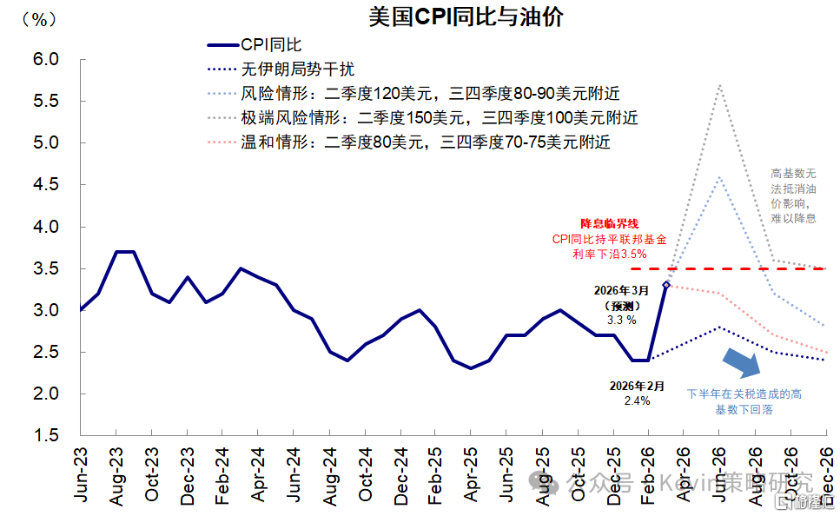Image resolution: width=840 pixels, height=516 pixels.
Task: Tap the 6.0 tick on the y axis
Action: (44, 60)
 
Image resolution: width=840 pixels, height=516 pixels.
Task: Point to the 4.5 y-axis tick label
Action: (44, 185)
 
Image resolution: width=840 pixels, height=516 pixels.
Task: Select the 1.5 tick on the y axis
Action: (44, 435)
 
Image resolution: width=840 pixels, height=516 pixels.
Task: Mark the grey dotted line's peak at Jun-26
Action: (719, 85)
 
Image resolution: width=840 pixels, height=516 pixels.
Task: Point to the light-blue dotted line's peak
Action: (719, 177)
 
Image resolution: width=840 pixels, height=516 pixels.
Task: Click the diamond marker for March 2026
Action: (666, 284)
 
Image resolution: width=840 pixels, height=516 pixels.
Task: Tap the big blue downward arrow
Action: (742, 361)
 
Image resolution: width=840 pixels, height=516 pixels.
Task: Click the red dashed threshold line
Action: (738, 269)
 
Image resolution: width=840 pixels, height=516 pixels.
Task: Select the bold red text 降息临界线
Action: (609, 224)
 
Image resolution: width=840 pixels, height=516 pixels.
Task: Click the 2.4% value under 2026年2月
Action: (637, 400)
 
